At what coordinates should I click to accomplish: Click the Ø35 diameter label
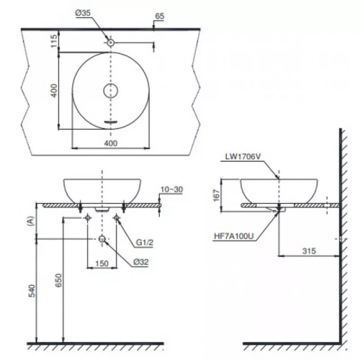83,13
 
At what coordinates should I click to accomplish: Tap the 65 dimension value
160,16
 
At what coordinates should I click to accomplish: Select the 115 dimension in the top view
54,41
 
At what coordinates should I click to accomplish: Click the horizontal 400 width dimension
111,143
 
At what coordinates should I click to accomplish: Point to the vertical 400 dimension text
54,91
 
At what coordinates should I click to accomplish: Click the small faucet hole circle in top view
111,42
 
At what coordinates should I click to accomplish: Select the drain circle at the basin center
111,91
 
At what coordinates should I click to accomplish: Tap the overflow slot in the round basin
111,122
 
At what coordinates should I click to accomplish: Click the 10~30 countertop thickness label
171,189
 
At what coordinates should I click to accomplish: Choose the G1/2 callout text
145,243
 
